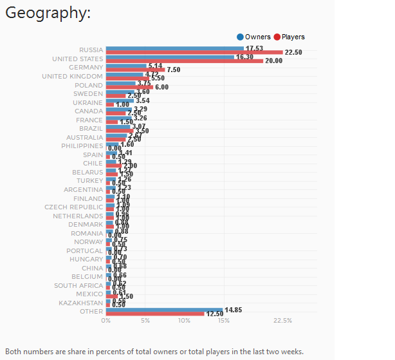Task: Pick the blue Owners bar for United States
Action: click(x=170, y=57)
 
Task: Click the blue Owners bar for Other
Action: click(x=164, y=309)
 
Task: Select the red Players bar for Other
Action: click(x=155, y=314)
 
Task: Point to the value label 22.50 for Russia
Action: click(x=293, y=53)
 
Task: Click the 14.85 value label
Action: click(x=233, y=310)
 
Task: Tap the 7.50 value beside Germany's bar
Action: click(x=173, y=70)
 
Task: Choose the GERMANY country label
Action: click(x=86, y=68)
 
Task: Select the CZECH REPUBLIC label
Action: click(x=73, y=207)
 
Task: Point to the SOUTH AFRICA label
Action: click(x=78, y=285)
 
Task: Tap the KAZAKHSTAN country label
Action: click(x=80, y=303)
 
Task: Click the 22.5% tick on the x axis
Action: click(x=282, y=320)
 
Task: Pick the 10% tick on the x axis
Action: click(x=185, y=320)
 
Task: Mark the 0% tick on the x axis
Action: click(x=106, y=320)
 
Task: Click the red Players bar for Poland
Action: click(x=129, y=87)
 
